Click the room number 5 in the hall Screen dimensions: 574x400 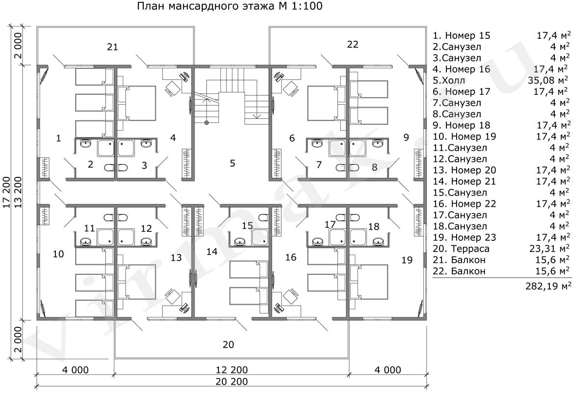pos(232,163)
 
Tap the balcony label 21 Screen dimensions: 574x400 pos(113,47)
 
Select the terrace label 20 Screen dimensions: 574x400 pos(228,344)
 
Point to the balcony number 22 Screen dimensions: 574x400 pos(353,44)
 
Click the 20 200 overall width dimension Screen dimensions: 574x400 pos(232,381)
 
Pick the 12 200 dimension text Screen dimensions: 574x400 pos(232,370)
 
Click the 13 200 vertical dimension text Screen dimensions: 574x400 pos(18,192)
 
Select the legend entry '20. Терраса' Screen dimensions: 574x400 pos(461,249)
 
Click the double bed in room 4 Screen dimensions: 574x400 pos(137,103)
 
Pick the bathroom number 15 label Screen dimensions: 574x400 pos(247,225)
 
